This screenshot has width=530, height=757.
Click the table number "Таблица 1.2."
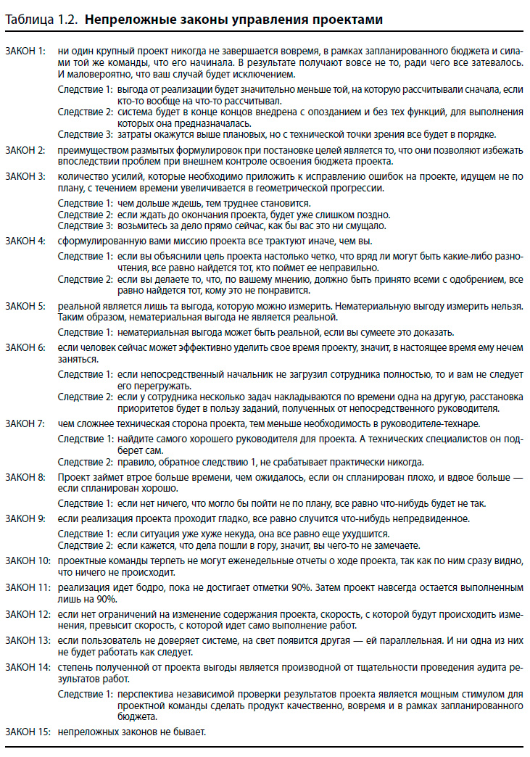click(42, 20)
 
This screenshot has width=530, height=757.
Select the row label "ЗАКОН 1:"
click(25, 51)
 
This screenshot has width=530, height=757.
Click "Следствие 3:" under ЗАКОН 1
click(86, 134)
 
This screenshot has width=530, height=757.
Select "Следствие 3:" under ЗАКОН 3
click(86, 226)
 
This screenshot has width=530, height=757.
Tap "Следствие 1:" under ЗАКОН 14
click(86, 694)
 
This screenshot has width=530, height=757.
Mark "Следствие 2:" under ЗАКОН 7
click(86, 462)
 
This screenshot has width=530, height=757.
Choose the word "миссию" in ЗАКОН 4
click(161, 240)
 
